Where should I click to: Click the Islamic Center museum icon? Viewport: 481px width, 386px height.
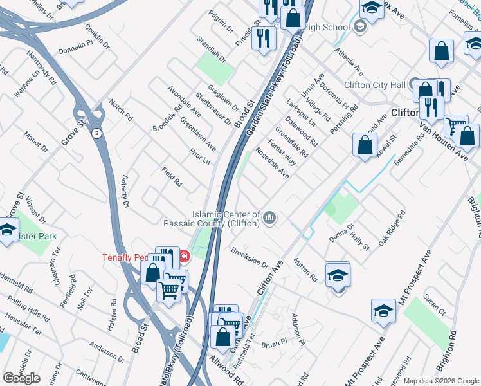[270, 218]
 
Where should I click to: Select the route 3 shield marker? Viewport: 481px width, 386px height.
[95, 133]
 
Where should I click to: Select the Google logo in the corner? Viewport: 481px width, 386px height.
[21, 378]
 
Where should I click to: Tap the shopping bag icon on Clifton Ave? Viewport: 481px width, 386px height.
[365, 145]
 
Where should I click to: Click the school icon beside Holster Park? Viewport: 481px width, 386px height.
[7, 230]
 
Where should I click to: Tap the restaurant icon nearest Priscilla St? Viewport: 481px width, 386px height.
[263, 38]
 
